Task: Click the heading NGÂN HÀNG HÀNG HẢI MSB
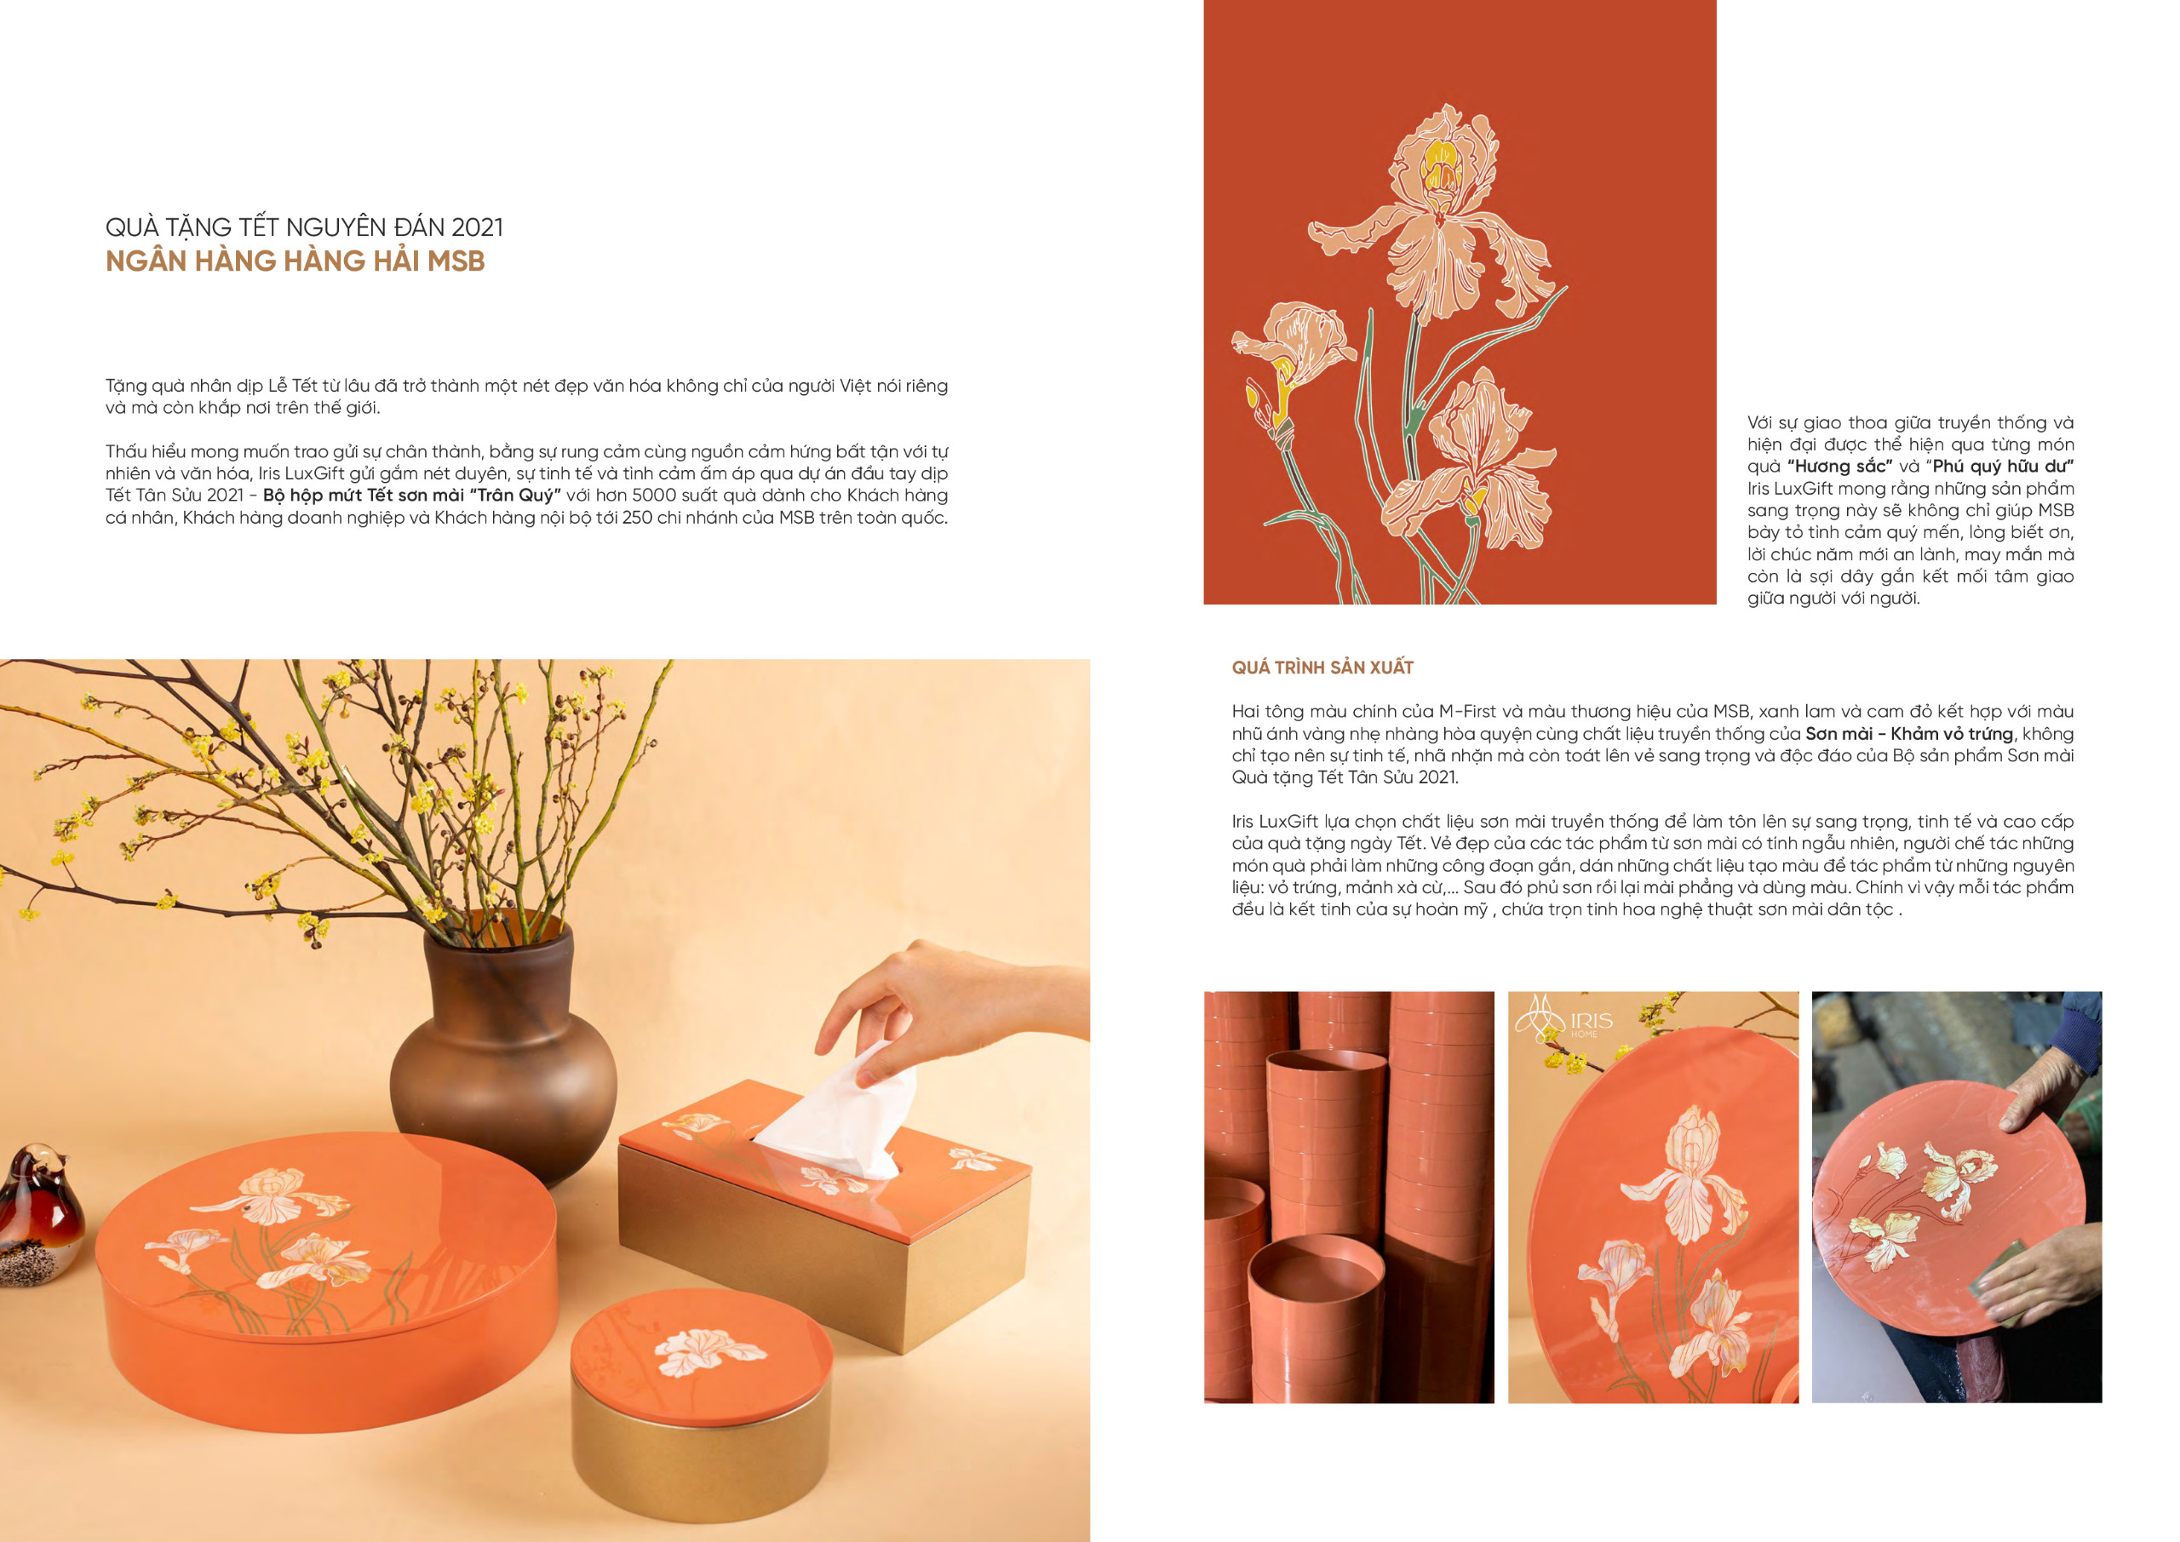(x=295, y=261)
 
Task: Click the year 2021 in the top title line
(x=477, y=227)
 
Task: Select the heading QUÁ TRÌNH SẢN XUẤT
(x=1322, y=667)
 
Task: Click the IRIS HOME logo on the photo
(x=1563, y=1019)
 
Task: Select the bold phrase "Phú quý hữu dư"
(x=2004, y=467)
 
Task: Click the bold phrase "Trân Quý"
(x=514, y=496)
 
